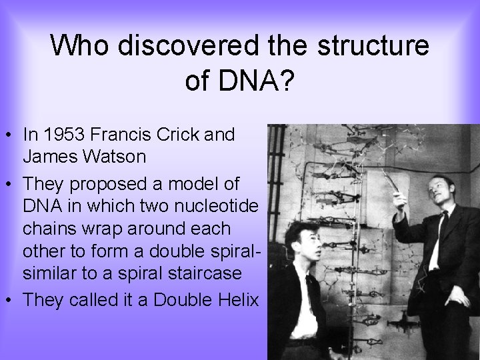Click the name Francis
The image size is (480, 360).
122,135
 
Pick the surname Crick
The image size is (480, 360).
183,135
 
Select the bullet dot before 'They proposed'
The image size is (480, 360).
10,183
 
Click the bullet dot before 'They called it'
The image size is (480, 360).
10,301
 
